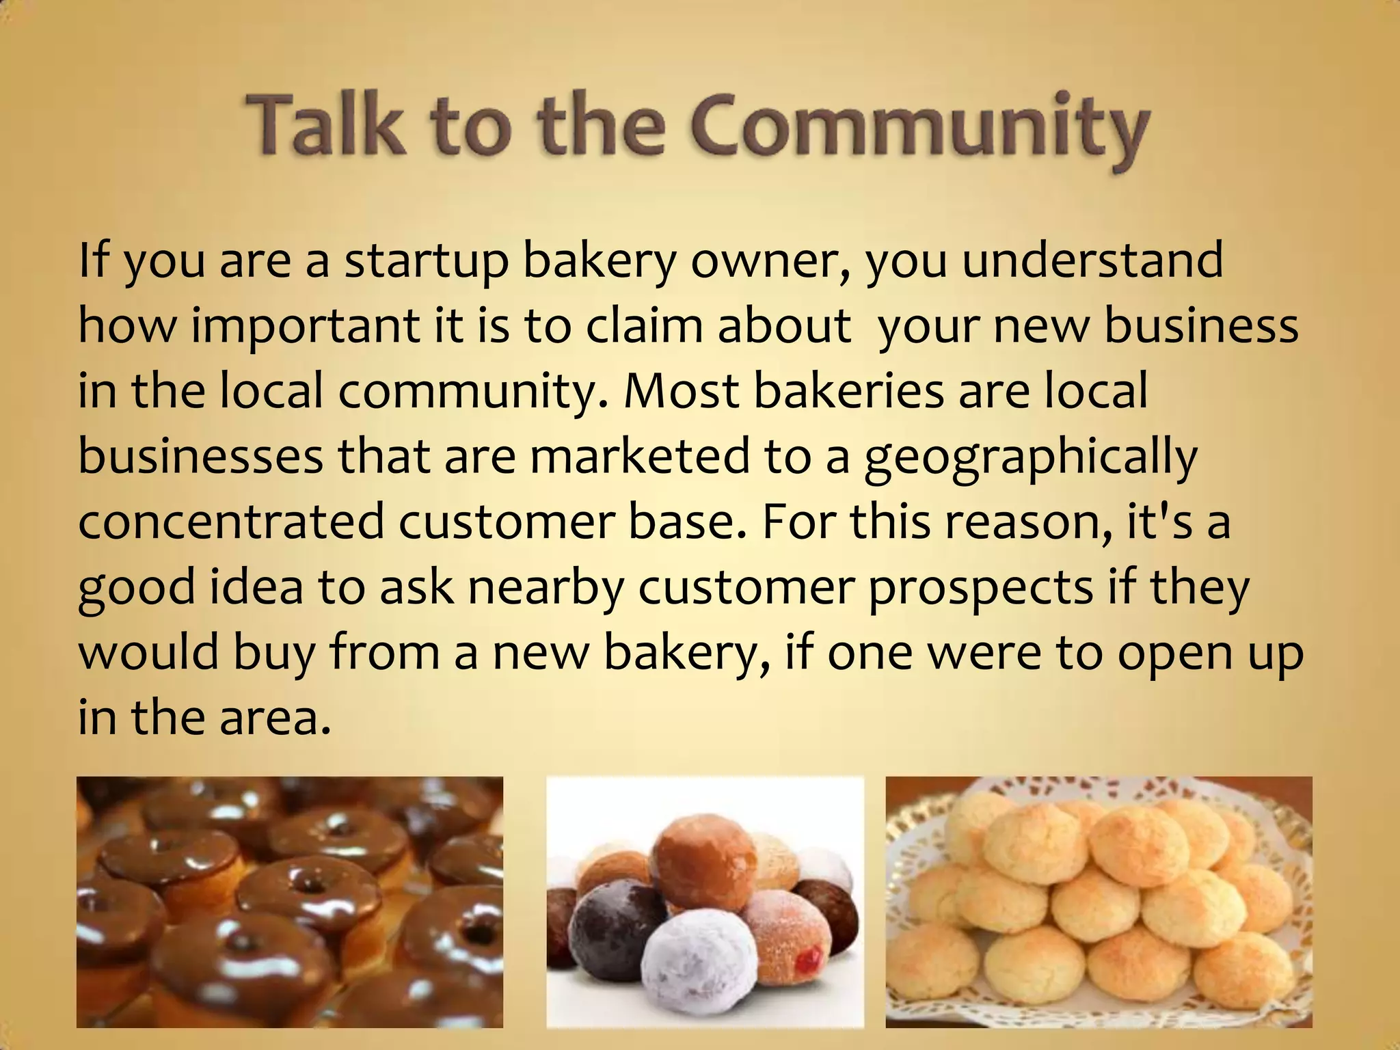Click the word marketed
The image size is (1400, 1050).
(x=639, y=457)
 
